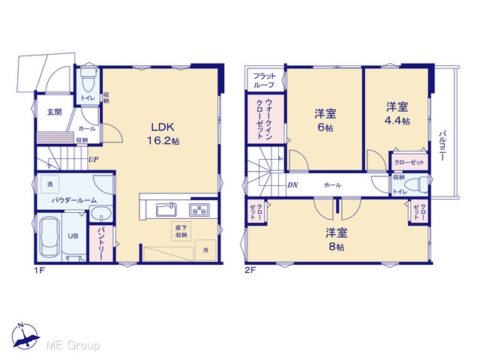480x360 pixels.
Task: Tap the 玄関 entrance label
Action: point(55,112)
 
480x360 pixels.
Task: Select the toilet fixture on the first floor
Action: point(88,79)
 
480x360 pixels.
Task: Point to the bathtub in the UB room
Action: point(49,237)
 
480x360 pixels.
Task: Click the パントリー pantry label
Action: point(100,243)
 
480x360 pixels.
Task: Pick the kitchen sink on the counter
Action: point(166,210)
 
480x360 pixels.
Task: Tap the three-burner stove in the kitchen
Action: point(199,210)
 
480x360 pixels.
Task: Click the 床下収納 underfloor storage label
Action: point(181,231)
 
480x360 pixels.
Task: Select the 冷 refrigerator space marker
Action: point(205,250)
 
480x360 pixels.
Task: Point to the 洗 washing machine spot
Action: point(50,184)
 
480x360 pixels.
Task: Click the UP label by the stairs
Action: point(93,160)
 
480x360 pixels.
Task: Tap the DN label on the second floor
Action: point(292,185)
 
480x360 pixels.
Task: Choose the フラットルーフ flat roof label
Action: point(265,80)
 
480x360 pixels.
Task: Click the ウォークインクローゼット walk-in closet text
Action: point(265,118)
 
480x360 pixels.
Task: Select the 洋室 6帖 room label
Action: point(325,120)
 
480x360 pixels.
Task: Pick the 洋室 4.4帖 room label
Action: point(397,113)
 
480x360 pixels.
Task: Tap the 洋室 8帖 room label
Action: point(336,240)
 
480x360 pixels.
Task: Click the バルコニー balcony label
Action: point(442,146)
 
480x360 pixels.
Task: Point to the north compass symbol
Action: point(25,336)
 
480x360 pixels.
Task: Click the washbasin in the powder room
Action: point(100,213)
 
